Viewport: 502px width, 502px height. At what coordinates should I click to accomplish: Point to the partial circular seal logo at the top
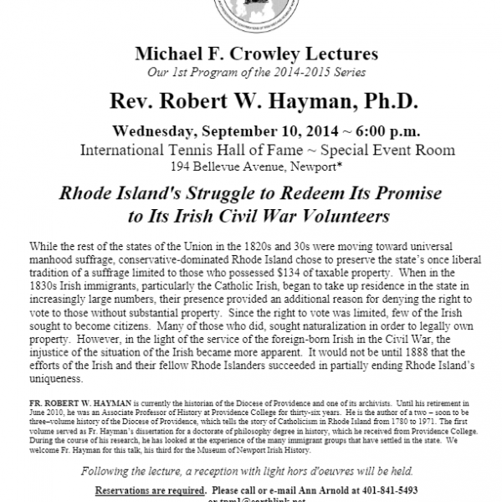click(251, 13)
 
